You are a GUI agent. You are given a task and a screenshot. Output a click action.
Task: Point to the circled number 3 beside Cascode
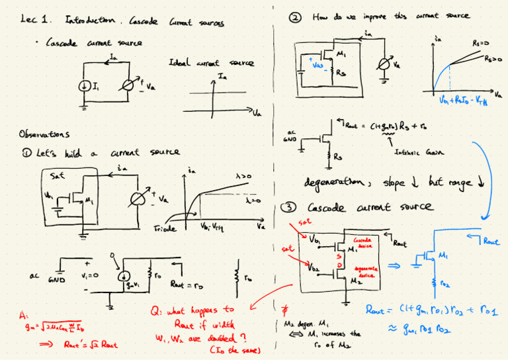289,208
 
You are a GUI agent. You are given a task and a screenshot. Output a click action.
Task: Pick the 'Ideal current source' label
212,64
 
